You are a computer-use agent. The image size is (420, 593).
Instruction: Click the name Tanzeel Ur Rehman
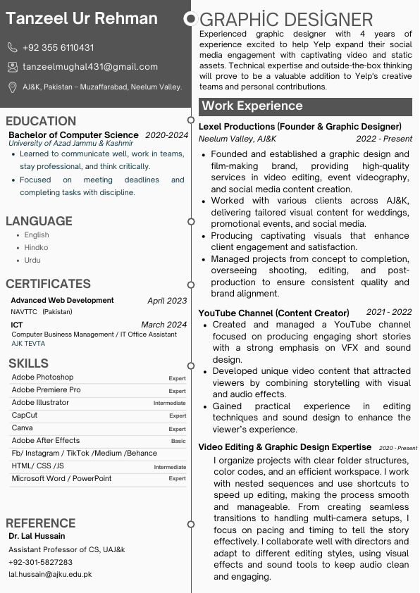[x=82, y=19]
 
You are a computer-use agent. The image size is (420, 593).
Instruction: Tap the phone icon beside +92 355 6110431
[x=13, y=48]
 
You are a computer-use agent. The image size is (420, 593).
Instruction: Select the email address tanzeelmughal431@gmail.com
[x=90, y=67]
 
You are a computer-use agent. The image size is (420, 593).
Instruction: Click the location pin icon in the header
[x=13, y=87]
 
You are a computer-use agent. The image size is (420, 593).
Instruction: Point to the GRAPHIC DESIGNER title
[x=286, y=20]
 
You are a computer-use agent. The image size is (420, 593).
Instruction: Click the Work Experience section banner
[x=305, y=106]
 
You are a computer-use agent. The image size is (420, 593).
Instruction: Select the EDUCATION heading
[x=41, y=121]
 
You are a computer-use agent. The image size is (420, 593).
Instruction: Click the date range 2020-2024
[x=167, y=135]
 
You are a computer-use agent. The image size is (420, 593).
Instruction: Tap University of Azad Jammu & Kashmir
[x=70, y=144]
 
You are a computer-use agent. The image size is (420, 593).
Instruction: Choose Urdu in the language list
[x=32, y=261]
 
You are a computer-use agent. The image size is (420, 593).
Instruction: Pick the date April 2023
[x=167, y=301]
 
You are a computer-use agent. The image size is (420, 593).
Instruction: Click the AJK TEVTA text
[x=28, y=344]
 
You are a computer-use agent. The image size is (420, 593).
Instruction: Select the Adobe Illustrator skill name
[x=40, y=403]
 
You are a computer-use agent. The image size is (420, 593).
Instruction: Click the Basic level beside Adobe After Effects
[x=178, y=442]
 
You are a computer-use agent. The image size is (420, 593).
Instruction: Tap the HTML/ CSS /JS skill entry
[x=37, y=466]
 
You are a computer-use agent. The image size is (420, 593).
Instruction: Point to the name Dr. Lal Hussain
[x=36, y=537]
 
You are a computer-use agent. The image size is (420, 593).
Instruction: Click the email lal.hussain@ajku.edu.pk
[x=50, y=575]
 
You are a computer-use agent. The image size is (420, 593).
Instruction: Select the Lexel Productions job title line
[x=299, y=127]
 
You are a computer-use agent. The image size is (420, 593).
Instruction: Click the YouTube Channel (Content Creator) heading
[x=273, y=313]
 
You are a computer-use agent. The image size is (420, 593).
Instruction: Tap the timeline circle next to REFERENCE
[x=191, y=524]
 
